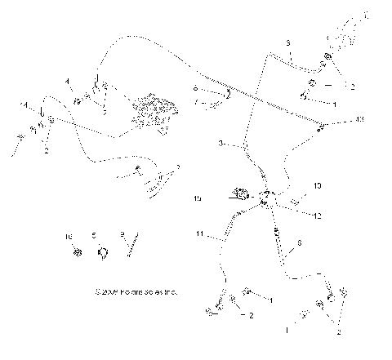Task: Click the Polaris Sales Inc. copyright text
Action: (136, 290)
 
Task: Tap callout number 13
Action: (360, 120)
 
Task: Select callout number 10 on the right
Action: (318, 186)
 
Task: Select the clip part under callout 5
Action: (100, 252)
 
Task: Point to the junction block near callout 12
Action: (266, 197)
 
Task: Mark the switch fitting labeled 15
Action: (242, 194)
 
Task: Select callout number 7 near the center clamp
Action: (196, 102)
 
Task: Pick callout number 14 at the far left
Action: (24, 104)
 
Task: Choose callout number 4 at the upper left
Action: (69, 81)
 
